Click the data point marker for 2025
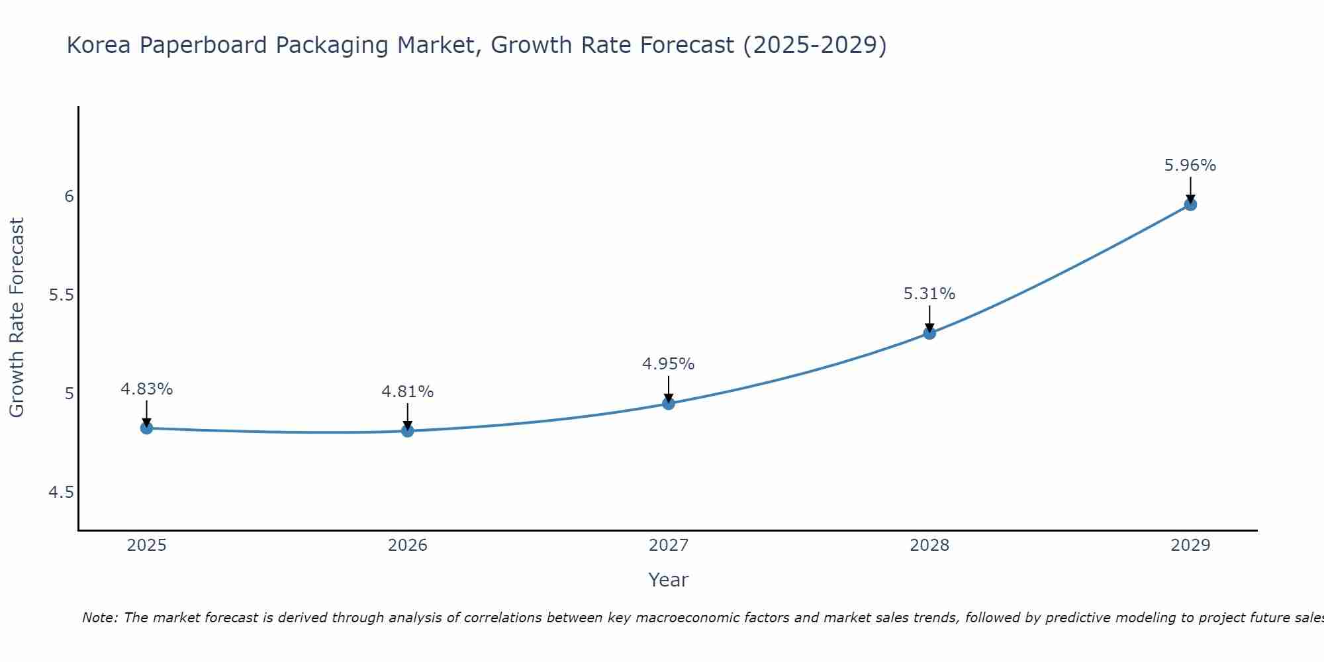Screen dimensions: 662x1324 (x=146, y=428)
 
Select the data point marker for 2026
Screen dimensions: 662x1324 (x=408, y=431)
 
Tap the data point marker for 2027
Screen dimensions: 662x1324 (x=669, y=403)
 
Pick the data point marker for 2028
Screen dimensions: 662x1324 (x=929, y=333)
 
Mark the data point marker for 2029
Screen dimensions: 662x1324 (x=1190, y=205)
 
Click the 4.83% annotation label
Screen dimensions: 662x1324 (x=146, y=389)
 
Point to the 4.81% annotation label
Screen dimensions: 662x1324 (x=408, y=392)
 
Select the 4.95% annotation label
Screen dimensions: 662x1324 (x=669, y=364)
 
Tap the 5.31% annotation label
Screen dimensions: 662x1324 (x=929, y=294)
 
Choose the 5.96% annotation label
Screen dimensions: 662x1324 (x=1190, y=165)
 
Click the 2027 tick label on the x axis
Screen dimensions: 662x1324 (x=669, y=545)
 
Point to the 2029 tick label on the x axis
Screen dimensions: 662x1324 (x=1190, y=545)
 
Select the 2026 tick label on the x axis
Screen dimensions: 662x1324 (x=408, y=545)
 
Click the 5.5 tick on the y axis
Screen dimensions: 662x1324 (x=61, y=295)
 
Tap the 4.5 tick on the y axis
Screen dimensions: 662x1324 (x=61, y=493)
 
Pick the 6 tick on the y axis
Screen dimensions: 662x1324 (x=69, y=197)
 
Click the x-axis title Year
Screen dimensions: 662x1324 (x=669, y=580)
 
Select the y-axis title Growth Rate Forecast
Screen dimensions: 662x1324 (x=17, y=318)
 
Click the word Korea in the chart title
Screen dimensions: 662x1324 (x=99, y=45)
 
